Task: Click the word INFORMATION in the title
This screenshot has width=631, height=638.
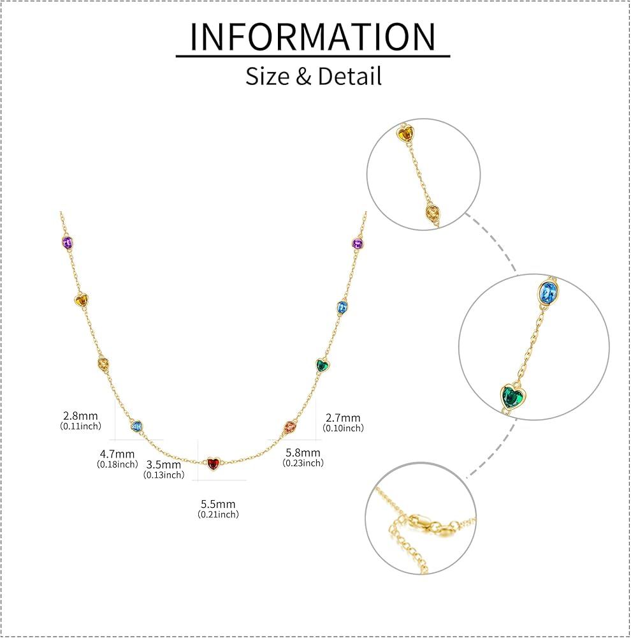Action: coord(313,37)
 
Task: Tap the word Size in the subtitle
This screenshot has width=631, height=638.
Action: coord(268,76)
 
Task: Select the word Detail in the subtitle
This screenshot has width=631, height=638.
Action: coord(349,76)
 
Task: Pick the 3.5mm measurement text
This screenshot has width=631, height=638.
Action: coord(163,464)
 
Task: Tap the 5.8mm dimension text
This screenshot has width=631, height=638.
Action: coord(303,452)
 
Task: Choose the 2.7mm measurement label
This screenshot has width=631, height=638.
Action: coord(343,418)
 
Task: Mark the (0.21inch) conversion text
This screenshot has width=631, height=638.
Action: coord(219,514)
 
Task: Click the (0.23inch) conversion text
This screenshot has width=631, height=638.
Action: coord(303,463)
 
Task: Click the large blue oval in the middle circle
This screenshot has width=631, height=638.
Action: coord(548,292)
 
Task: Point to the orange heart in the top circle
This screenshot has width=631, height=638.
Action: coord(405,134)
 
